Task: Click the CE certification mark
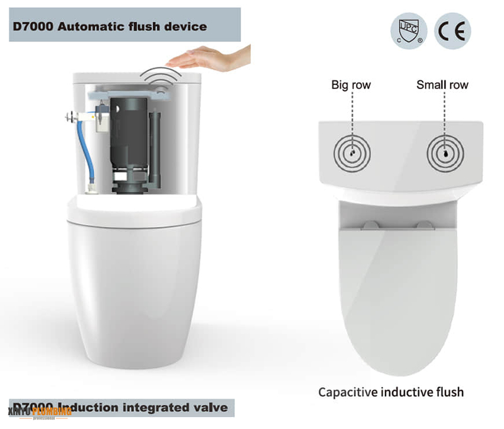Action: (x=452, y=31)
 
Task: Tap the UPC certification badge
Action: (x=409, y=31)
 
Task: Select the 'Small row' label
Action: (x=442, y=85)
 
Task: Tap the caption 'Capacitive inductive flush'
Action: (x=391, y=392)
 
